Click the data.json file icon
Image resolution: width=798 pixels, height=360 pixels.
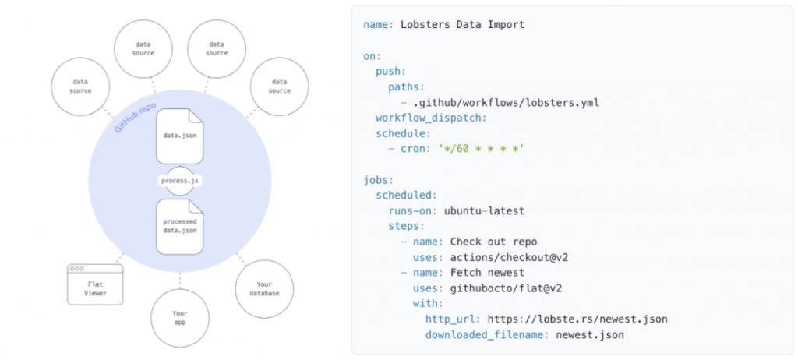pyautogui.click(x=180, y=136)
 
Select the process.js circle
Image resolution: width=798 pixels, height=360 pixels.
pyautogui.click(x=180, y=181)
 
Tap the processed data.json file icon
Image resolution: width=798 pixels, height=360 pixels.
pyautogui.click(x=180, y=227)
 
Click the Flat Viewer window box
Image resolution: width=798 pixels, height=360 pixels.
pyautogui.click(x=95, y=284)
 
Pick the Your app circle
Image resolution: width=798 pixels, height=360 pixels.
pyautogui.click(x=180, y=318)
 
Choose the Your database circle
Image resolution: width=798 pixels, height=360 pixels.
pyautogui.click(x=264, y=289)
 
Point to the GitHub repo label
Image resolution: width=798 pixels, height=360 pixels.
pyautogui.click(x=135, y=118)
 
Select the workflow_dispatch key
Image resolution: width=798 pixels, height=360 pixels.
pyautogui.click(x=431, y=118)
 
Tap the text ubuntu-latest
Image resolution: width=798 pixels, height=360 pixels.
pyautogui.click(x=484, y=211)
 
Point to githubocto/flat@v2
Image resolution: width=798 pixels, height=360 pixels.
pyautogui.click(x=500, y=288)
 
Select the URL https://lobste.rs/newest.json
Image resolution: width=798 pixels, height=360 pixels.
pyautogui.click(x=577, y=319)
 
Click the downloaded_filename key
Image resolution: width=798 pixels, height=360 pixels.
pyautogui.click(x=488, y=335)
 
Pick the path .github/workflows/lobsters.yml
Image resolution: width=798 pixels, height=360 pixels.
pyautogui.click(x=506, y=103)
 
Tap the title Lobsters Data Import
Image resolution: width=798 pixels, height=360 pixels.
pyautogui.click(x=462, y=24)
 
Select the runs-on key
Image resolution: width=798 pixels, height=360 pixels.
pyautogui.click(x=413, y=211)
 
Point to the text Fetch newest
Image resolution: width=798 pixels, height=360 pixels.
pyautogui.click(x=487, y=273)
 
